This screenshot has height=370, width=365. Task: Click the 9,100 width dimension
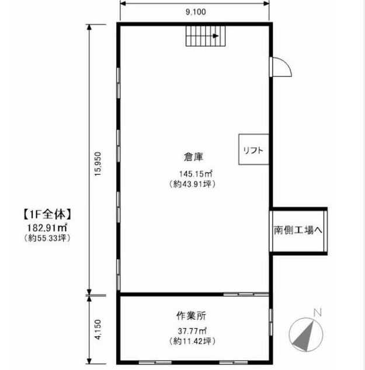pos(196,12)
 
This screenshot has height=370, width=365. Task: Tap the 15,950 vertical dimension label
pos(98,164)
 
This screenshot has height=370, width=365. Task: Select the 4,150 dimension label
pos(98,329)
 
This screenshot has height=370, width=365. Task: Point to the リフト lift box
pos(253,149)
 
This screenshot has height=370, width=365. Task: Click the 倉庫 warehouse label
pos(194,157)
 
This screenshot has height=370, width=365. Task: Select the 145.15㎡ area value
pos(196,174)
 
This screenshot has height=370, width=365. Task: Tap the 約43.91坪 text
pos(192,184)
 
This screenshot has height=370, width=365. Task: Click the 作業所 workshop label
pos(191,316)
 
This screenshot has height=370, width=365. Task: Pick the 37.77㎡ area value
pos(192,331)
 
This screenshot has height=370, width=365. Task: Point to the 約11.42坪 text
pos(192,341)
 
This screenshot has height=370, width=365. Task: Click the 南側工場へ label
pos(298,230)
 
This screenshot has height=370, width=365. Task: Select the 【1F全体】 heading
pos(47,214)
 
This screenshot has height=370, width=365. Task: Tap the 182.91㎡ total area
pos(47,228)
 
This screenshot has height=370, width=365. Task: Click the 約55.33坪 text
pos(47,238)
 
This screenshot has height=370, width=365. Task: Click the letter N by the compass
pos(318,313)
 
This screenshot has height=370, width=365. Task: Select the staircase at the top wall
pos(206,36)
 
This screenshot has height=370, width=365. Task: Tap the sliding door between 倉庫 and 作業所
pos(246,294)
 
